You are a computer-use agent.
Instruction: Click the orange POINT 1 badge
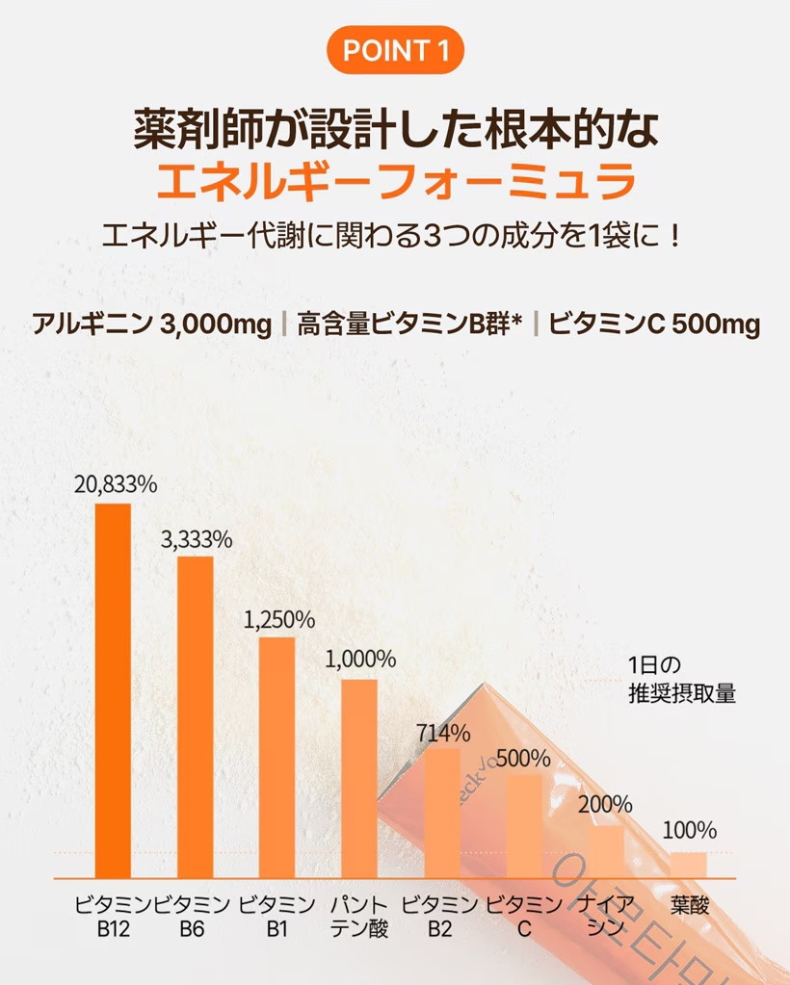pos(395,50)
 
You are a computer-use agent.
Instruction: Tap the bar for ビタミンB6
pos(196,716)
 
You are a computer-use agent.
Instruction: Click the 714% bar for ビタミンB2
pos(442,813)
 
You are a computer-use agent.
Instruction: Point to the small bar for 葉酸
pos(689,865)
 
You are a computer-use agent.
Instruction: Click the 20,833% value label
pos(115,485)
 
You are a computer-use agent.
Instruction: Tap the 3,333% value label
pos(197,539)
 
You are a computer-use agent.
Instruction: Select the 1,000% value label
pos(360,661)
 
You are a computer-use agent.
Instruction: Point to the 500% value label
pos(525,759)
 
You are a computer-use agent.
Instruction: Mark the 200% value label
pos(606,804)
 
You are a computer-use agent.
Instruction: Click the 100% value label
pos(690,830)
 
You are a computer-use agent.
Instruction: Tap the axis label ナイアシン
pos(607,918)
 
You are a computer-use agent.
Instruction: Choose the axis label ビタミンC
pos(524,918)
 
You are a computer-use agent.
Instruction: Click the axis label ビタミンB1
pos(277,918)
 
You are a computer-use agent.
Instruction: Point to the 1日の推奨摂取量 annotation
pos(681,679)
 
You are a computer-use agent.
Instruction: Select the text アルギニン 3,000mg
pos(152,324)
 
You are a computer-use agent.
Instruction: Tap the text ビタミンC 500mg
pos(654,324)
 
